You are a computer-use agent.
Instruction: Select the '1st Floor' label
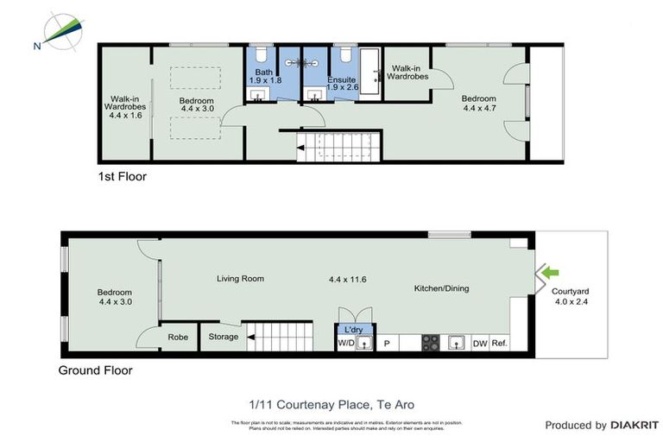pos(122,177)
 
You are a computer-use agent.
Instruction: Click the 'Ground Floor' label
pos(95,370)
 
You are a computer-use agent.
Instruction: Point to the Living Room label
pos(240,279)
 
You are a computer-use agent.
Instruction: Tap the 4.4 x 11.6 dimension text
pos(348,280)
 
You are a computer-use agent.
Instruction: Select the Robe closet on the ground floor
pos(178,337)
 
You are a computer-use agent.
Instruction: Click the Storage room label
pos(224,337)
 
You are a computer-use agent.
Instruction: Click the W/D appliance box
pos(345,344)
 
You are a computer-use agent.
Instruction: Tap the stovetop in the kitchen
pos(430,343)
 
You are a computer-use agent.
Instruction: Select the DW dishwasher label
pos(480,344)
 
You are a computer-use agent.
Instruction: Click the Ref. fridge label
pos(500,344)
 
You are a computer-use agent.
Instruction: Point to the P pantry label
pos(387,344)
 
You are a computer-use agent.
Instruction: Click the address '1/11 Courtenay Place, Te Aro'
pos(331,403)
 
